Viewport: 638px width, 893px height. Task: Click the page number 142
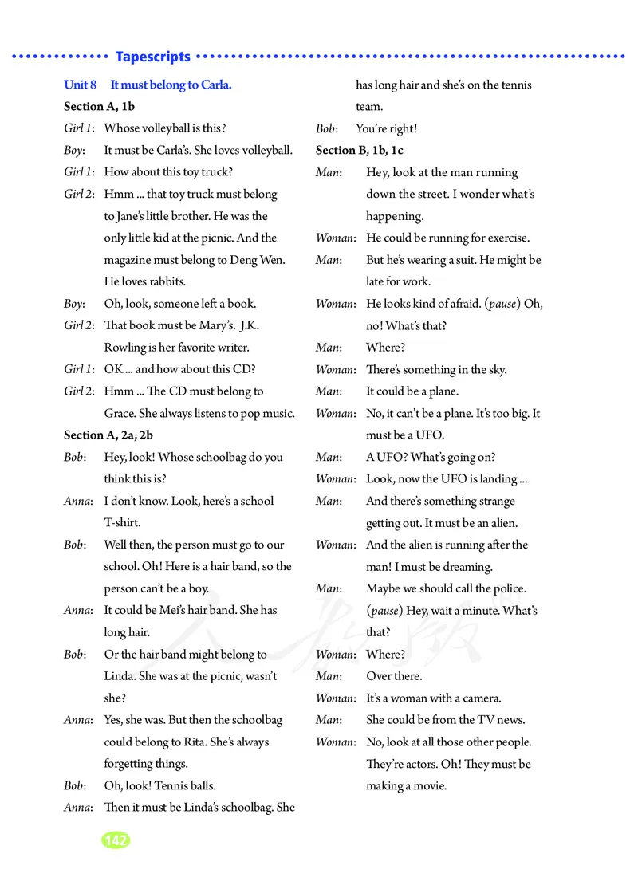click(x=116, y=840)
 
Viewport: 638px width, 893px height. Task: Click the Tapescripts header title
click(x=153, y=57)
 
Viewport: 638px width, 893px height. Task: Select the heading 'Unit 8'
click(x=80, y=85)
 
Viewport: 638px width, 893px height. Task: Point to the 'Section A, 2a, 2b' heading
click(x=108, y=435)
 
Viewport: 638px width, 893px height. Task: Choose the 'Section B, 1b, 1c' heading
click(x=360, y=150)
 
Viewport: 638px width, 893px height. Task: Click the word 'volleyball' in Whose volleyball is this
click(x=167, y=128)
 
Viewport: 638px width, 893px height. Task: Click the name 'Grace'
click(x=120, y=413)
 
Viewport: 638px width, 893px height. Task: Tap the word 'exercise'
click(x=506, y=238)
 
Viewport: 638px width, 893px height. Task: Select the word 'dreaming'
click(x=466, y=567)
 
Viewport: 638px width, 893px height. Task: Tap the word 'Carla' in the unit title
click(x=211, y=85)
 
